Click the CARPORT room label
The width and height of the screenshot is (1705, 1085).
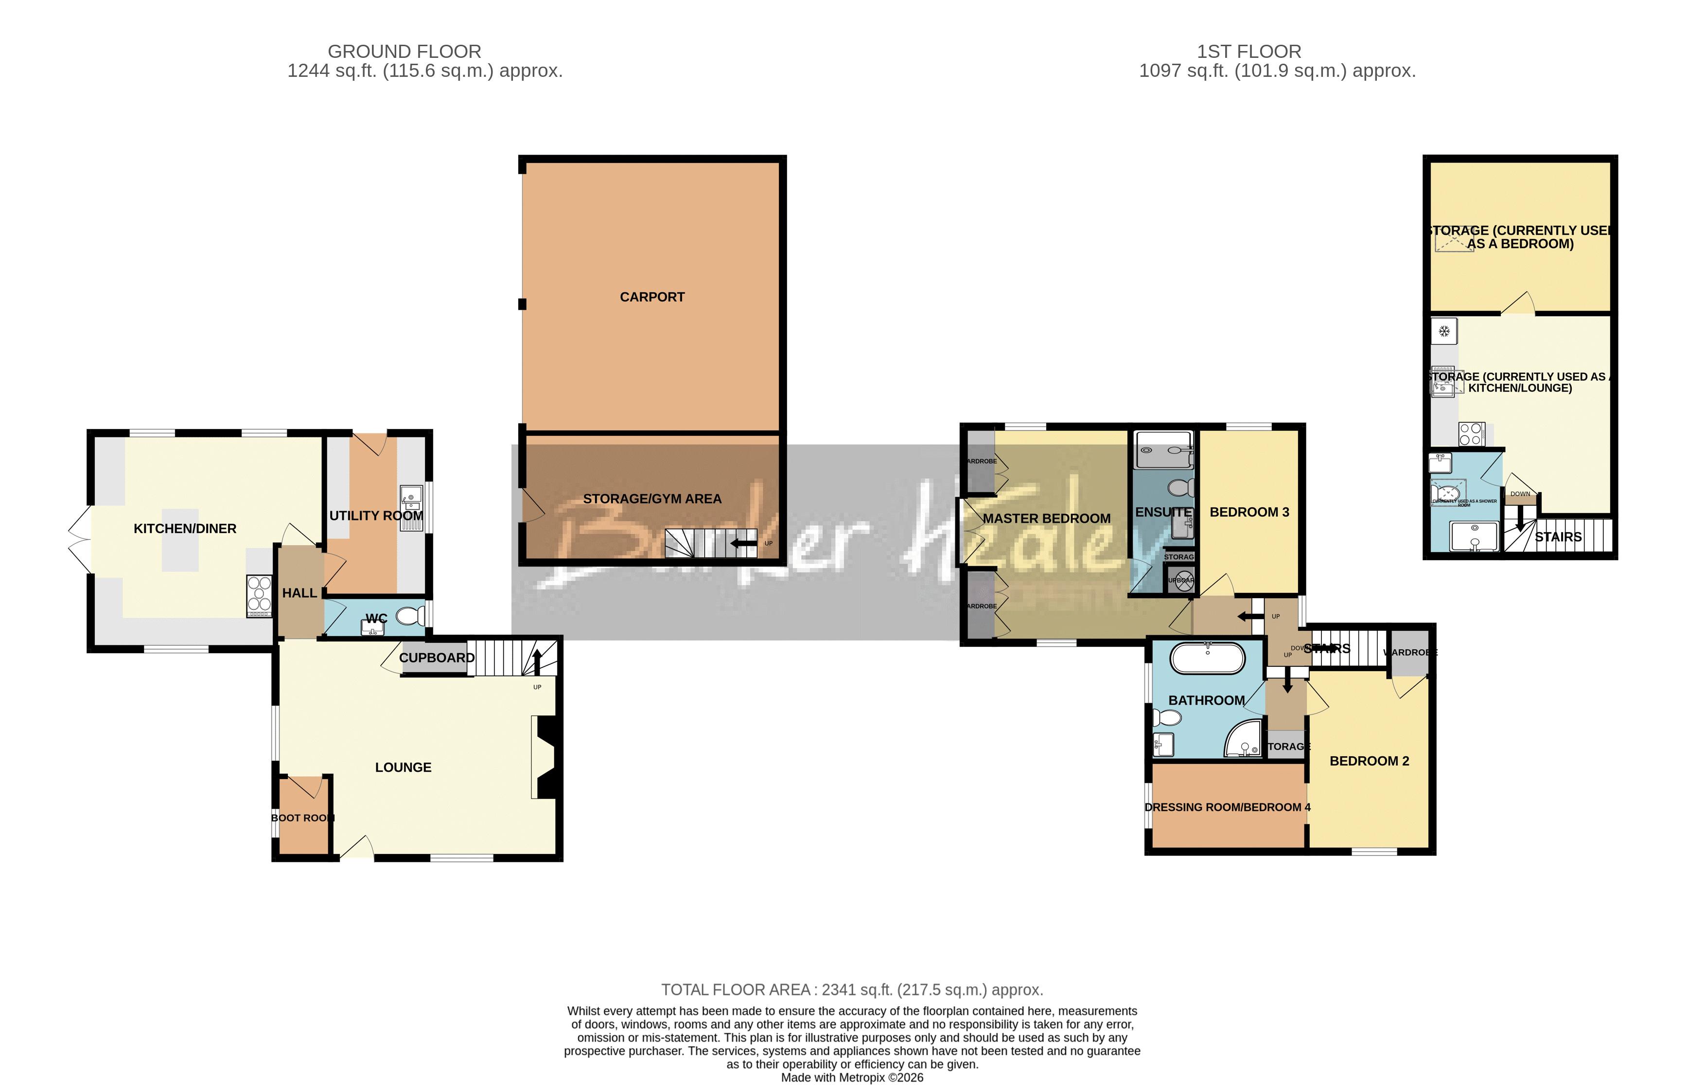point(651,297)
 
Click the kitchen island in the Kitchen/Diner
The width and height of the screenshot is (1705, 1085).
point(180,540)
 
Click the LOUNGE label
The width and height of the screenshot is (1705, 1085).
point(403,767)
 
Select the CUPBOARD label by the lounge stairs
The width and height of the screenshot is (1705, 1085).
point(436,657)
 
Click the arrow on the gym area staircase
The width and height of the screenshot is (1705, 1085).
point(743,544)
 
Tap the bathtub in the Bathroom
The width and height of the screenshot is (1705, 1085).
point(1207,658)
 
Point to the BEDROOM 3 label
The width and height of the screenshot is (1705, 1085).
point(1249,512)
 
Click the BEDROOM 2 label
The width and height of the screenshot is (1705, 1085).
point(1369,761)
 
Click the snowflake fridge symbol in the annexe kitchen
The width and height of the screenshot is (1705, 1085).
point(1444,331)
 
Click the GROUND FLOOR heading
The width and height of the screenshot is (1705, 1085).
point(404,52)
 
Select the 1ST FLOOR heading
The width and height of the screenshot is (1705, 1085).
point(1248,52)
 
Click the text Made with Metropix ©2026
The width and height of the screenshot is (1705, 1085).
point(852,1077)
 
